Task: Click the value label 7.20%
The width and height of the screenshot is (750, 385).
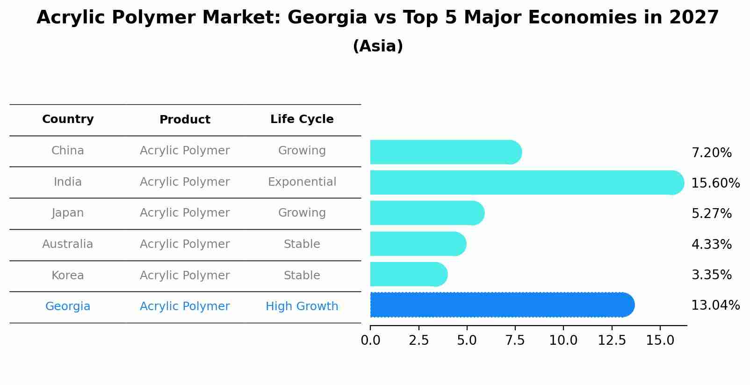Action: click(x=711, y=153)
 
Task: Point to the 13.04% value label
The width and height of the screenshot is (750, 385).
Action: click(x=715, y=305)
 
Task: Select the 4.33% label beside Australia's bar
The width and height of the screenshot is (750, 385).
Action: click(x=711, y=244)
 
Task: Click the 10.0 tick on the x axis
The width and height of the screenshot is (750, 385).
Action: click(x=563, y=341)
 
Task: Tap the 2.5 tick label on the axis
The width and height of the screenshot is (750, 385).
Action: click(x=418, y=341)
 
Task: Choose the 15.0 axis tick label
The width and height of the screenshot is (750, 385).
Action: click(x=660, y=341)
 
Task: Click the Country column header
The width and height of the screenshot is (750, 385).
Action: click(x=68, y=119)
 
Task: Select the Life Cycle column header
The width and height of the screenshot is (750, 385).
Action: click(x=302, y=119)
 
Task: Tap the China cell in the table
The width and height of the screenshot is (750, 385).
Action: click(x=68, y=151)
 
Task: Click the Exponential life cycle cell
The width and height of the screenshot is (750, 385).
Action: click(x=302, y=182)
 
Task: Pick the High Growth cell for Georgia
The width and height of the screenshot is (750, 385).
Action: click(x=302, y=306)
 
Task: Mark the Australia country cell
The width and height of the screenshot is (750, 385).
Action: click(x=68, y=244)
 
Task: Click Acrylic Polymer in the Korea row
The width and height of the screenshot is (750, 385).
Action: click(x=185, y=276)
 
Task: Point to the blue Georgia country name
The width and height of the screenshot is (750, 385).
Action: click(x=68, y=306)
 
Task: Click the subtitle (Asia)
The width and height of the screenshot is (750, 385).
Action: click(x=378, y=46)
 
